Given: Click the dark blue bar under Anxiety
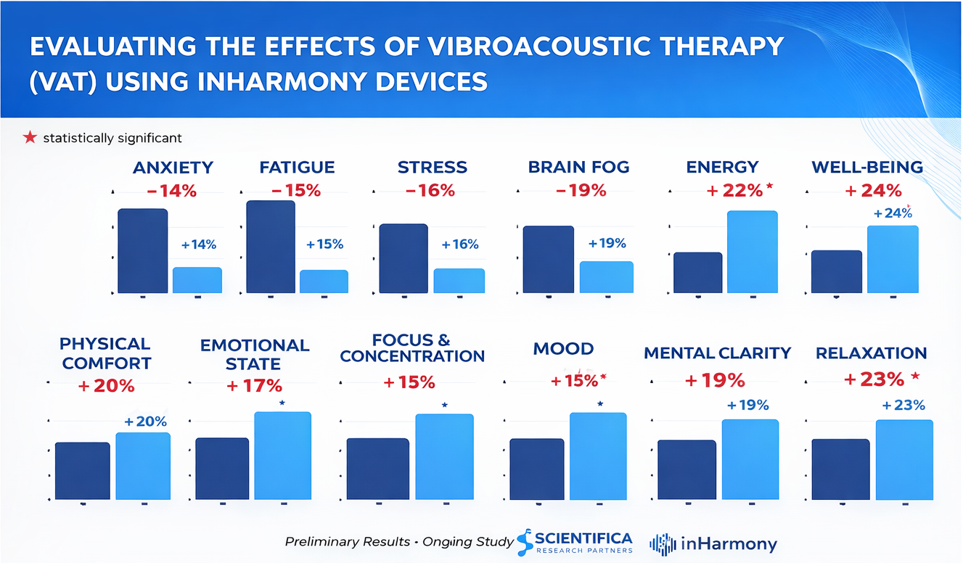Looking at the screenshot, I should click(x=143, y=251).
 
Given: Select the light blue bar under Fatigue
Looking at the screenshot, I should click(x=324, y=281).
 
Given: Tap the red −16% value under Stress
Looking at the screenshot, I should click(x=430, y=191).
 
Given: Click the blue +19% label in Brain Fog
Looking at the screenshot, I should click(x=607, y=244).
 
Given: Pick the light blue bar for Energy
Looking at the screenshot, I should click(x=752, y=252).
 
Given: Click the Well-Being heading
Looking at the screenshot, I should click(x=866, y=168).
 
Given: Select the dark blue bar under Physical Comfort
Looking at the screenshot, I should click(x=83, y=471).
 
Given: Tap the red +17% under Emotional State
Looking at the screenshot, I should click(x=254, y=386).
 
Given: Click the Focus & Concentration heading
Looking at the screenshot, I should click(x=411, y=348).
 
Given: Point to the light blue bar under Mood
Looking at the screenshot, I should click(x=598, y=456).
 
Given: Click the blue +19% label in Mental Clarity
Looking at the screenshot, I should click(x=747, y=405).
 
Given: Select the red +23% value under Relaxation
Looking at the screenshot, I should click(x=874, y=379).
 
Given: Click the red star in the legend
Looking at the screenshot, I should click(x=30, y=137).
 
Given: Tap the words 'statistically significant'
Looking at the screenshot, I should click(x=112, y=138).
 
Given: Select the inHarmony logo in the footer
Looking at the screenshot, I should click(x=713, y=544).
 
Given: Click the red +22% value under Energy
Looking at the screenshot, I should click(x=734, y=190).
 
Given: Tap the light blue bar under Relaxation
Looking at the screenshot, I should click(x=903, y=460).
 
